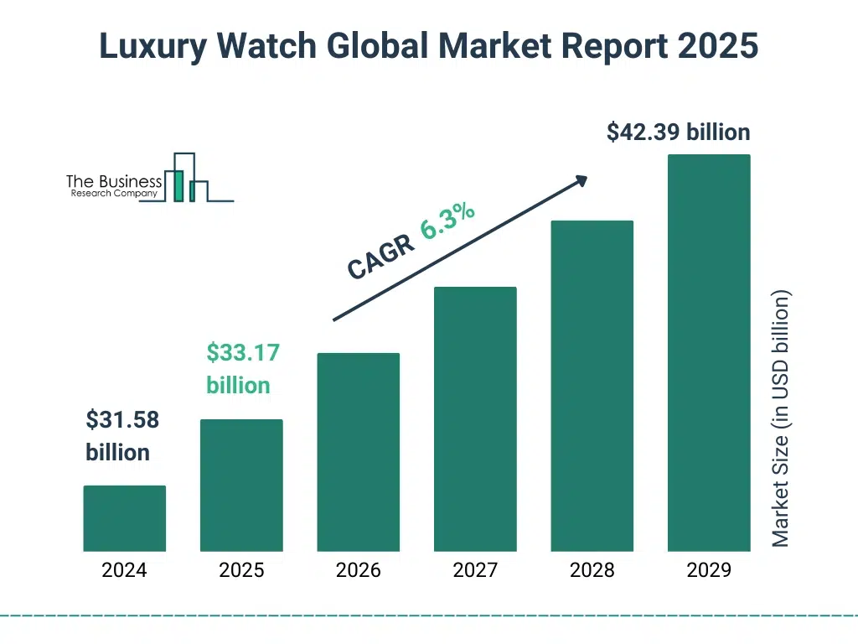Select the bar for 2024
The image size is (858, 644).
(x=124, y=518)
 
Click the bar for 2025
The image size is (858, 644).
(x=241, y=485)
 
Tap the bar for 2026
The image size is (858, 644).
(x=358, y=452)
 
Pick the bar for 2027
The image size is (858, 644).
(x=475, y=419)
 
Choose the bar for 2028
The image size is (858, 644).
(x=592, y=386)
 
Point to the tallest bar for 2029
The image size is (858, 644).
(x=709, y=352)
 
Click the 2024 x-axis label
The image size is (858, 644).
(x=124, y=570)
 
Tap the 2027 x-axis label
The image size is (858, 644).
(x=475, y=570)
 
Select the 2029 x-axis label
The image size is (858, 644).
(x=709, y=570)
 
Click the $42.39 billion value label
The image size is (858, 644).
(x=678, y=132)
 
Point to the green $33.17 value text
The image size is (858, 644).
(x=243, y=353)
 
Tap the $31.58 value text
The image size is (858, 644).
(x=122, y=420)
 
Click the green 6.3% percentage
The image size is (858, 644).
(x=447, y=221)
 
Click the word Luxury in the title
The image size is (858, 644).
(x=149, y=47)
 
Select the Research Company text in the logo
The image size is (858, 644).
(x=113, y=194)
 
